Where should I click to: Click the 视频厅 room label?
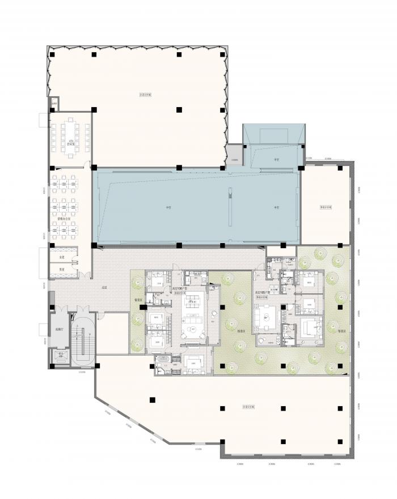pos(58,329)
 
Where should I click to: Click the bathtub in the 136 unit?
pos(163,358)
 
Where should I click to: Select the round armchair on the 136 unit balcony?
pos(214,315)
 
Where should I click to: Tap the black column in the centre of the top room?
pos(179,109)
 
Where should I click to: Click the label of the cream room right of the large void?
pos(326,207)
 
